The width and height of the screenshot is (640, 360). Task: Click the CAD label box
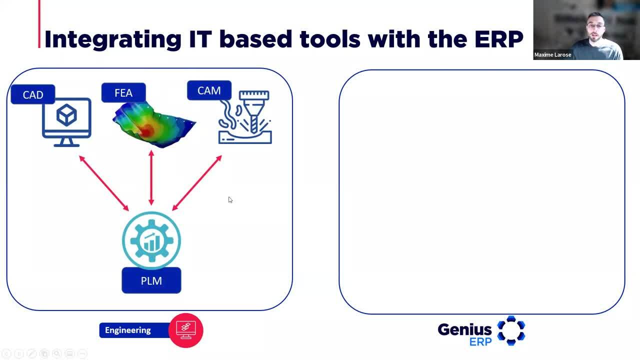point(33,94)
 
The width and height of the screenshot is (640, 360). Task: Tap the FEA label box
point(123,92)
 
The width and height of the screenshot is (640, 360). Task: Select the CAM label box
point(209,90)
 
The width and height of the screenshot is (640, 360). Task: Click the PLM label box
point(151,280)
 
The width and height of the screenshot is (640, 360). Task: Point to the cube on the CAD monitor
point(66,115)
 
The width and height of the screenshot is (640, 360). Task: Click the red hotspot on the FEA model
point(146,131)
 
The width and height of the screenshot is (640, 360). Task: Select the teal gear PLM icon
point(151,240)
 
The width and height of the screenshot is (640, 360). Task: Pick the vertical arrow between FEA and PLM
point(151,177)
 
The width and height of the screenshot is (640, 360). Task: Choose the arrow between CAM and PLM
point(197,183)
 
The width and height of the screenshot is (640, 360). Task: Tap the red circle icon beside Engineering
point(185,330)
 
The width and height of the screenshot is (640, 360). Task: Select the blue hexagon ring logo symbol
point(511,330)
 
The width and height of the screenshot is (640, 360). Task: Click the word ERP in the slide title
point(499,39)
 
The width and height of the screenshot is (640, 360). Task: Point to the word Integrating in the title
point(113,40)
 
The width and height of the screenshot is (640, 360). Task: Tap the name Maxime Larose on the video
point(552,55)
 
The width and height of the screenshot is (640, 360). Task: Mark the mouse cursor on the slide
point(230,199)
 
